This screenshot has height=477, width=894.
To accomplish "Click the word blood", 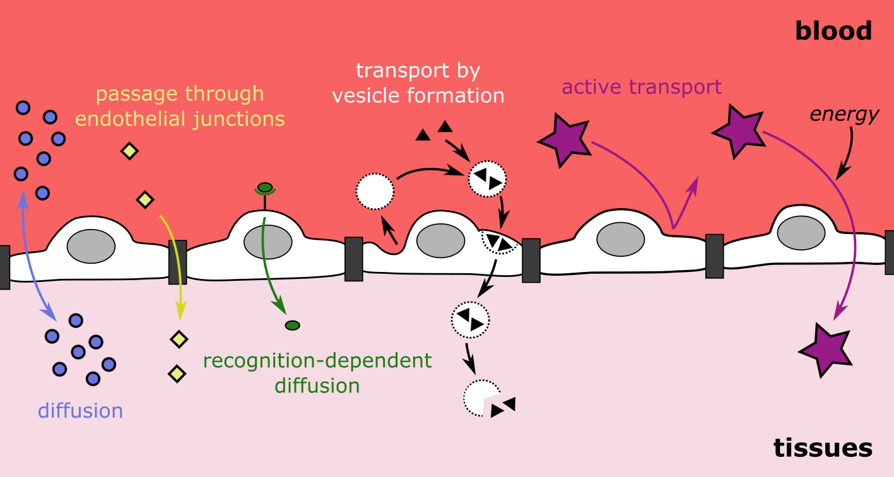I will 833,31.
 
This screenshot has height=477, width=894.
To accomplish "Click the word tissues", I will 823,447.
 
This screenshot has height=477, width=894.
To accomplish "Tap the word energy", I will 844,114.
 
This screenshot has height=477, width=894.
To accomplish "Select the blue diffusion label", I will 80,411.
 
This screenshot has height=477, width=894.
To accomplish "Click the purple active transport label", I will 641,86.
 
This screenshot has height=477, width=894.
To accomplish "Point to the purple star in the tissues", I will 826,350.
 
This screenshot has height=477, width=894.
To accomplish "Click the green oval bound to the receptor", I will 265,187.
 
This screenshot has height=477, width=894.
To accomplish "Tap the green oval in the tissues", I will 292,326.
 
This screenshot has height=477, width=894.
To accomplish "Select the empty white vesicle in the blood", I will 375,191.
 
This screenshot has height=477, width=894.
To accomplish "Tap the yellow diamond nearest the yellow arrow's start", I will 145,200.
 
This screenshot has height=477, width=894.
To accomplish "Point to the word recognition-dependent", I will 317,362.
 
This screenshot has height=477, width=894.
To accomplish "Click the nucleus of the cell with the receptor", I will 268,242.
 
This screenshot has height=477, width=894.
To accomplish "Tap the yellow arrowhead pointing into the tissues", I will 181,310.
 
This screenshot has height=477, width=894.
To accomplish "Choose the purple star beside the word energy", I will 738,131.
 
